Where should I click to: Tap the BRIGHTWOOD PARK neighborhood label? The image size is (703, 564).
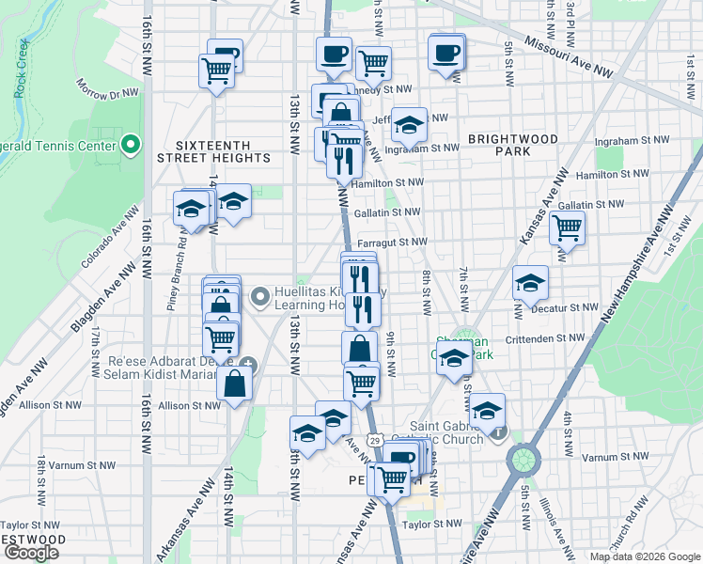(x=513, y=145)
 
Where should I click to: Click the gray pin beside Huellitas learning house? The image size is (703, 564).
(x=260, y=298)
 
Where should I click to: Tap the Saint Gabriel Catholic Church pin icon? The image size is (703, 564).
(x=498, y=433)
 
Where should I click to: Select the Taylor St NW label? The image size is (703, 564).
(x=431, y=524)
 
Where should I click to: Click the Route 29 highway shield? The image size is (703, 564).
(x=374, y=440)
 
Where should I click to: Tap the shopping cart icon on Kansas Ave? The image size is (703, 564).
(x=567, y=227)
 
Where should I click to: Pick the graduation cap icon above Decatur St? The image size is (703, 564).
(x=530, y=281)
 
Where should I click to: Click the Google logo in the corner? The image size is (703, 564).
(x=31, y=553)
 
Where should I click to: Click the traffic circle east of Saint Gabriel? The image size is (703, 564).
(x=523, y=460)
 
